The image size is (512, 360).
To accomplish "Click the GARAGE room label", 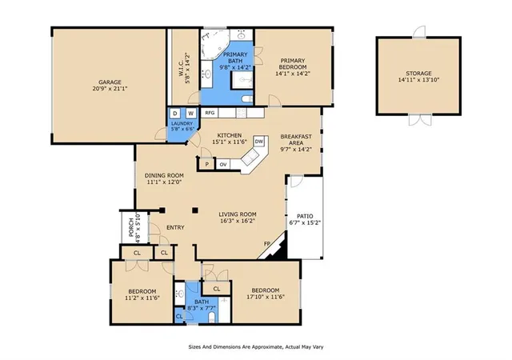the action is (110, 82).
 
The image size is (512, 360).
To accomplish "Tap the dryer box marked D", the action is (175, 114).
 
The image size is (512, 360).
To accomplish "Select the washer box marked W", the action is (191, 114).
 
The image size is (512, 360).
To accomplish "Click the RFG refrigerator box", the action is (210, 113).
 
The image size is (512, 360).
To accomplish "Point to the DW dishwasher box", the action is (259, 142).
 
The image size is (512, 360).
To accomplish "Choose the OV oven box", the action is (223, 164).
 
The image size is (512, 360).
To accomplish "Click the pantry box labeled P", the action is (206, 164).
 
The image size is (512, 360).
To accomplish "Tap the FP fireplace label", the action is (267, 244).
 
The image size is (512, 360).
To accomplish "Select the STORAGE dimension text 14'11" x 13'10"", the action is (418, 79).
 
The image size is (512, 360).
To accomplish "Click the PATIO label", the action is (305, 216).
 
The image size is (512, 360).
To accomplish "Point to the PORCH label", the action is (131, 227).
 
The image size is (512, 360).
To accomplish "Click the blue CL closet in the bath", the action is (179, 316).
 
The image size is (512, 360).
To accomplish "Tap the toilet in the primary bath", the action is (247, 98).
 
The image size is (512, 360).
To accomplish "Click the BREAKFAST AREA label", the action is (296, 139).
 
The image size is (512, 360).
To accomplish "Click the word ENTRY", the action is (175, 227).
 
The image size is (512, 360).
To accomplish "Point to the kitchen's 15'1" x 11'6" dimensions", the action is (230, 142).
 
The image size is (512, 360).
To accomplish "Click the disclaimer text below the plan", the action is (256, 347).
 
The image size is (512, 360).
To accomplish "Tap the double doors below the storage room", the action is (420, 119).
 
